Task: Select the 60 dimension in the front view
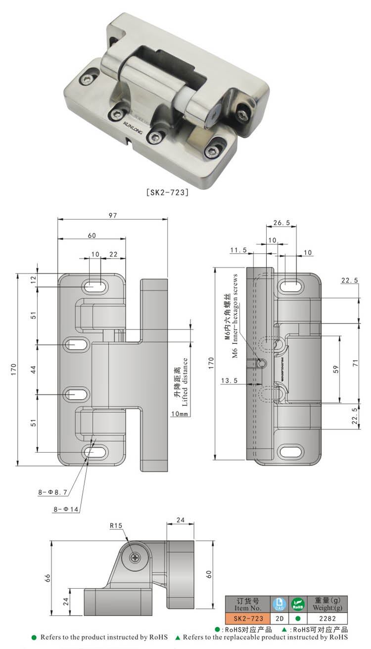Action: point(92,235)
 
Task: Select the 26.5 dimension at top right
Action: point(281,223)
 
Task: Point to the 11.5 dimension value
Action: point(238,251)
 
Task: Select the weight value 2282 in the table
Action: point(327,618)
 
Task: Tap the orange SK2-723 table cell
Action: point(247,618)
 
